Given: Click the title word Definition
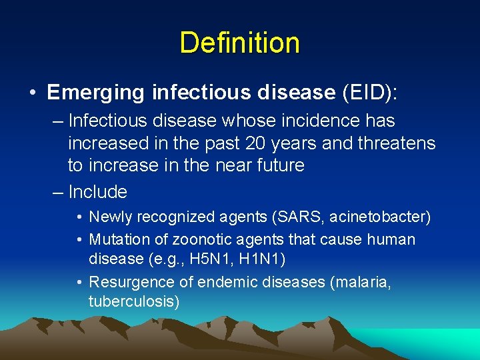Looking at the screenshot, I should click(239, 43).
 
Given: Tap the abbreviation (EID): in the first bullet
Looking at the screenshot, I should click(369, 93).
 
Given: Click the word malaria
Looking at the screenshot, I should click(359, 282).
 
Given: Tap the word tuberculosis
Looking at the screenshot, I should click(133, 301).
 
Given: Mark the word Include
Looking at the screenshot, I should click(97, 192).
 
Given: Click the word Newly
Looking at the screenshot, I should click(109, 217).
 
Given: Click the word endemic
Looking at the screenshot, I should click(231, 282).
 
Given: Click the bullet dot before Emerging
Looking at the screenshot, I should click(33, 93).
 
